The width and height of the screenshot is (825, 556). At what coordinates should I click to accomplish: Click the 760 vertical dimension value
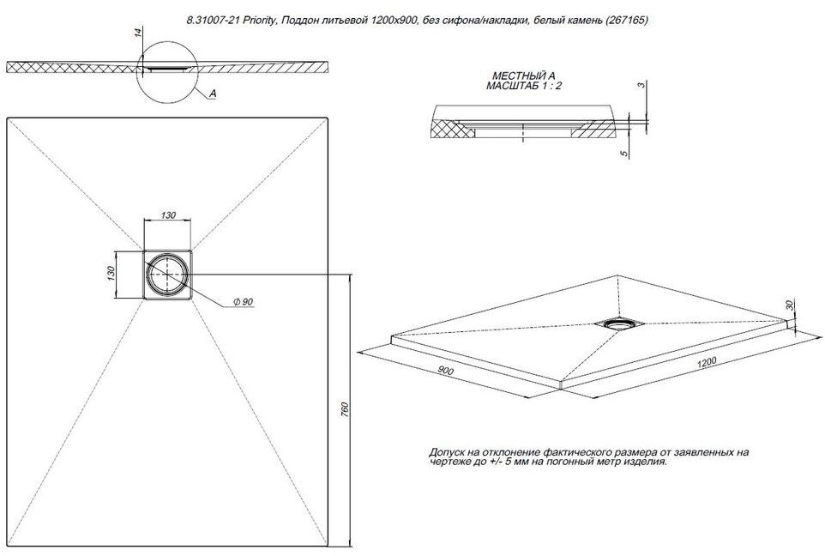345,410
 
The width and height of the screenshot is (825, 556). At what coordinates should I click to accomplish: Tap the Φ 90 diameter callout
244,302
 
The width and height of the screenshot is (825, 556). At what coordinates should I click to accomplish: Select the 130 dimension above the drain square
168,215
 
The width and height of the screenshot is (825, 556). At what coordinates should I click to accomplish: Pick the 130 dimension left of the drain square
111,273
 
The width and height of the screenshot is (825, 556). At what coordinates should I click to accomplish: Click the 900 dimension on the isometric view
446,371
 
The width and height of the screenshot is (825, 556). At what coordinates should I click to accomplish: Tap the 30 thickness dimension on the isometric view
789,305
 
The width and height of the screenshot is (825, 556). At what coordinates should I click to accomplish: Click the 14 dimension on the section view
138,32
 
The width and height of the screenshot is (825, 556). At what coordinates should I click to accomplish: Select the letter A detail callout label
213,94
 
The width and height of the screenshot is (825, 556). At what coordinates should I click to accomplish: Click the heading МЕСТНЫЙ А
523,76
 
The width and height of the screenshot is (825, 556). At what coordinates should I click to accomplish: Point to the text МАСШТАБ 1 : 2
523,86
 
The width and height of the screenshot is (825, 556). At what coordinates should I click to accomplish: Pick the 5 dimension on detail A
624,154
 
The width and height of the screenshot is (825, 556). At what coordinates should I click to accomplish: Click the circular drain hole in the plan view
167,274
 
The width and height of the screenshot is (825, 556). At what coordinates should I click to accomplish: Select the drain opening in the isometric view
617,324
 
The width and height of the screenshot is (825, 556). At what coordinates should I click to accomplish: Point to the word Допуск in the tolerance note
446,452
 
